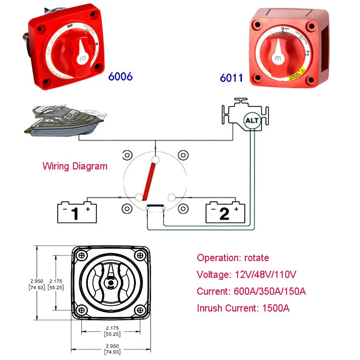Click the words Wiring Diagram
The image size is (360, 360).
75,167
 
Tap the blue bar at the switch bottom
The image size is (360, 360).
156,207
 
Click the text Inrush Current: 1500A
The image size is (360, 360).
243,308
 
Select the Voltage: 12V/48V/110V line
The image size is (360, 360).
246,275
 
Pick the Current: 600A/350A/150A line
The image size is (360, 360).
252,291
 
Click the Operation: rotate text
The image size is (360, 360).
233,258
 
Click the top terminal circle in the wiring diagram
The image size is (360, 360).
156,159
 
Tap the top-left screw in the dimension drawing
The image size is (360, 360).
82,254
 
